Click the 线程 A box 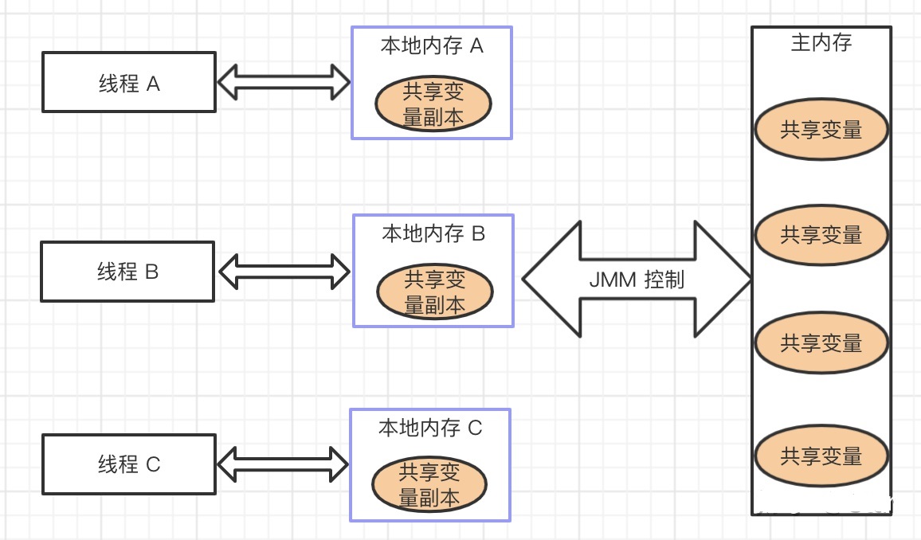(128, 83)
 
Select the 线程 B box (127, 272)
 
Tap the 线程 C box (128, 464)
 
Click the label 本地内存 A (432, 46)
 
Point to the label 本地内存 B (433, 233)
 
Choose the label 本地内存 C (430, 428)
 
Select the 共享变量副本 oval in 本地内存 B (435, 292)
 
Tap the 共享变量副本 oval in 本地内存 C (429, 487)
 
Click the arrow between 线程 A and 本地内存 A (284, 82)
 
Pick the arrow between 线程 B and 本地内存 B (284, 272)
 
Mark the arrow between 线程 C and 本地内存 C (283, 464)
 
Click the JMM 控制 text (636, 280)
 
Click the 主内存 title (821, 43)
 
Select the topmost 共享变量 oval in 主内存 (821, 130)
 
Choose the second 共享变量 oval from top (821, 235)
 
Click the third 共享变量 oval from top (821, 343)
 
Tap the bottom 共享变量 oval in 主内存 (821, 456)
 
